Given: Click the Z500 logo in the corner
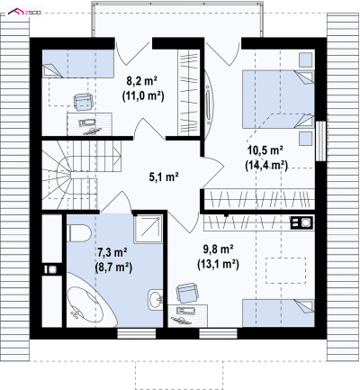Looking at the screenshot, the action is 25,13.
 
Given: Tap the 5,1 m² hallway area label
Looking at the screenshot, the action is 164,177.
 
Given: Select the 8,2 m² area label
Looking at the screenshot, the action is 142,81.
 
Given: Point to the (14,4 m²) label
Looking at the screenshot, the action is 266,165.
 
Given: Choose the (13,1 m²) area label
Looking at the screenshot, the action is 218,264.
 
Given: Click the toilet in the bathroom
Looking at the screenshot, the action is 79,233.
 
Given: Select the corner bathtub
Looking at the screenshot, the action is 90,304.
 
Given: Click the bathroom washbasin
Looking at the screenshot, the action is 156,298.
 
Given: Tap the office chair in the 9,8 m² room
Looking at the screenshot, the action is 188,293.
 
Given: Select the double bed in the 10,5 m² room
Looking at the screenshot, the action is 278,99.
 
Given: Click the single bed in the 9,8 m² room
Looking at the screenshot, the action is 278,313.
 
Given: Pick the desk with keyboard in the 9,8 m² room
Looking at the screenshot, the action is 188,315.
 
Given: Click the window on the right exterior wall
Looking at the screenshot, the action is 320,141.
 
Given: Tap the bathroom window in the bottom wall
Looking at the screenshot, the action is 137,333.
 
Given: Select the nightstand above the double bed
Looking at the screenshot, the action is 306,59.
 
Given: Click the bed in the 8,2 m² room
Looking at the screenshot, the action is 78,63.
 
